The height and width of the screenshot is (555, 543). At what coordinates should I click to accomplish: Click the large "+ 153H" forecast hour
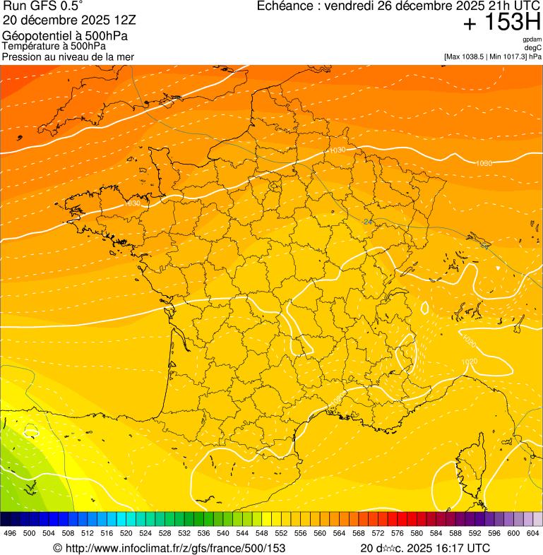pos(501,23)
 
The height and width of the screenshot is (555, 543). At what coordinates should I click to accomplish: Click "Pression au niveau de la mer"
pos(68,56)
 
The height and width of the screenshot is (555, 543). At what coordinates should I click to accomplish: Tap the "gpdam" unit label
pos(532,40)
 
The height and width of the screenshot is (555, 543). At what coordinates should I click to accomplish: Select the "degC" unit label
pos(533,48)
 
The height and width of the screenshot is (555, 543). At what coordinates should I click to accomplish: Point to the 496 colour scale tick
pos(10,533)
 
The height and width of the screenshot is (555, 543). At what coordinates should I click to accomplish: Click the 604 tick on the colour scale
pos(532,533)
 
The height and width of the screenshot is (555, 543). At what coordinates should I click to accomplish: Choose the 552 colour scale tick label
pos(281,533)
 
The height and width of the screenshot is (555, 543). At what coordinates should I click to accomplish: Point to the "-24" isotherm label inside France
pos(366,222)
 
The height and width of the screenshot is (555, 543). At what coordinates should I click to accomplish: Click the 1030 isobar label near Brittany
pos(132,203)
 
